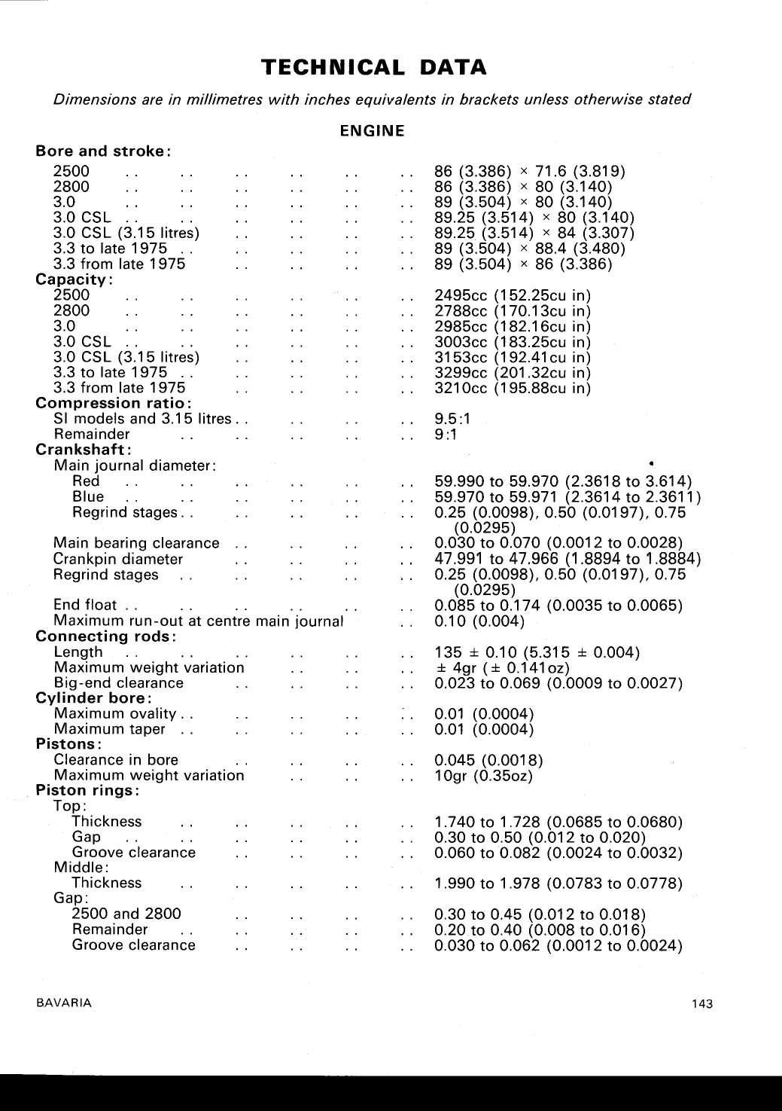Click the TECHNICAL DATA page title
[x=374, y=68]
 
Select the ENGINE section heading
[x=372, y=131]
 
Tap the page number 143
[x=701, y=1003]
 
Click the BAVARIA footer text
[x=64, y=1003]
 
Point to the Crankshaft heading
[x=84, y=450]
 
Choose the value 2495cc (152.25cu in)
[x=513, y=295]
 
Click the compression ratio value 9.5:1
[x=452, y=419]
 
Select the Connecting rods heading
[x=106, y=636]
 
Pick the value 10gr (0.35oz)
[x=483, y=776]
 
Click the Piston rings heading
[x=88, y=791]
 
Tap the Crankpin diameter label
[x=118, y=559]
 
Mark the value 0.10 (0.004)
[x=479, y=621]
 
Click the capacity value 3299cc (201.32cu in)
[x=513, y=373]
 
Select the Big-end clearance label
[x=119, y=683]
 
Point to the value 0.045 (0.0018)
[x=488, y=760]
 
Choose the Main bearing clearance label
[x=136, y=543]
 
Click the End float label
[x=85, y=605]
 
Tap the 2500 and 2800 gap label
[x=126, y=914]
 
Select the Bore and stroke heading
[x=103, y=151]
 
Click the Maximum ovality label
[x=115, y=713]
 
